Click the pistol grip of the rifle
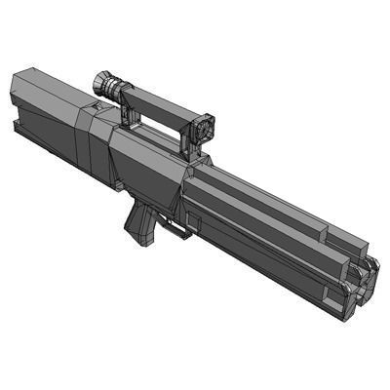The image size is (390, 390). pyautogui.click(x=138, y=223)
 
